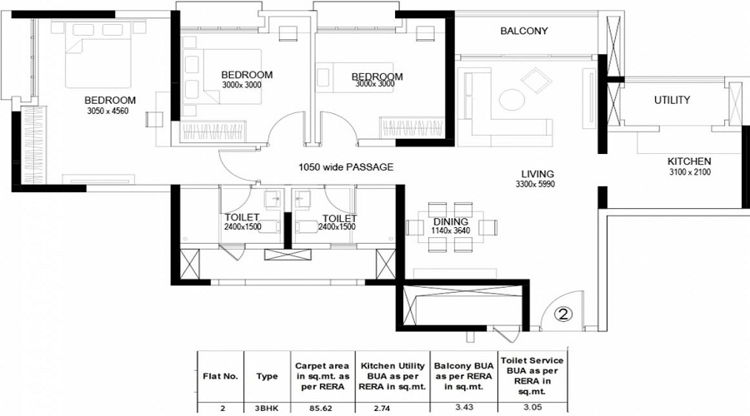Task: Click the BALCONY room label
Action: click(x=524, y=32)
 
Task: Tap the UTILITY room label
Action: click(x=672, y=101)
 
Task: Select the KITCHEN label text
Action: click(x=688, y=161)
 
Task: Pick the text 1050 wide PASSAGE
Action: click(x=345, y=167)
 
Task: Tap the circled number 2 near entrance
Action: click(x=564, y=314)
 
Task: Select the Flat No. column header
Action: click(x=221, y=376)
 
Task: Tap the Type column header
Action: click(x=267, y=376)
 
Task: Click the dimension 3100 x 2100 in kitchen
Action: click(x=688, y=172)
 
